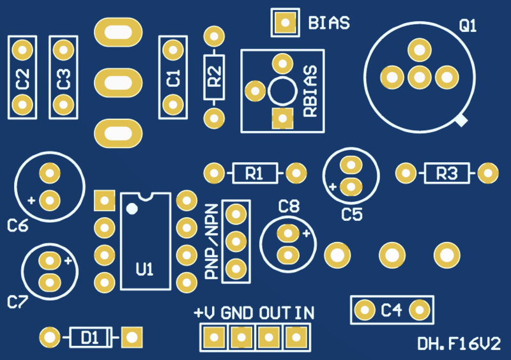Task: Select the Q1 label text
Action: (468, 26)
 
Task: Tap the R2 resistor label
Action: (215, 79)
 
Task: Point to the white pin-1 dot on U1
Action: (132, 208)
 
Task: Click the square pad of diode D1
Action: (132, 336)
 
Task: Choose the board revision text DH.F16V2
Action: (459, 345)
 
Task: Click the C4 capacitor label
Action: (391, 310)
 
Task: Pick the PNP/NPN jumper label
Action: (211, 242)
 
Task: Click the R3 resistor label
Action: (446, 172)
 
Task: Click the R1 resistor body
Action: (254, 172)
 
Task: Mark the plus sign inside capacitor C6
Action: (31, 200)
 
